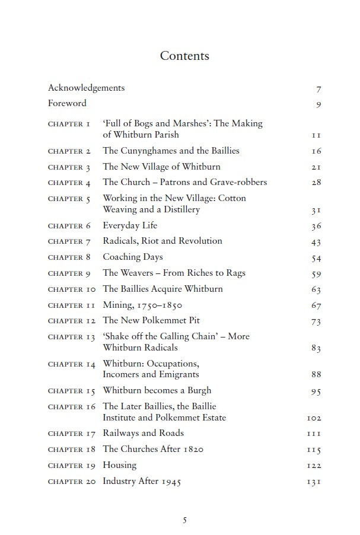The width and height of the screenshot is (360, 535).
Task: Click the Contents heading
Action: pyautogui.click(x=184, y=56)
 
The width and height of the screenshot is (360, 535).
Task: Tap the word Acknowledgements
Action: pyautogui.click(x=86, y=88)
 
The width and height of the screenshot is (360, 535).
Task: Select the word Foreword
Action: pyautogui.click(x=67, y=103)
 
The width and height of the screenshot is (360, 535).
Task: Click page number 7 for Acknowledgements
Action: pyautogui.click(x=318, y=90)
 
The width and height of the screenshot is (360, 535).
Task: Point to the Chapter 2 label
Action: pyautogui.click(x=69, y=151)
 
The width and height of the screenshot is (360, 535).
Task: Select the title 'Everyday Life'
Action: pyautogui.click(x=130, y=225)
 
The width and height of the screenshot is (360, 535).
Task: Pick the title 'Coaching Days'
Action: pyautogui.click(x=132, y=257)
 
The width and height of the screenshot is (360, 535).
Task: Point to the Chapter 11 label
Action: pyautogui.click(x=71, y=305)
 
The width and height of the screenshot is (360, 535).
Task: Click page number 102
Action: pyautogui.click(x=314, y=418)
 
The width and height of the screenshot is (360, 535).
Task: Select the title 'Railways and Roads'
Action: pyautogui.click(x=143, y=433)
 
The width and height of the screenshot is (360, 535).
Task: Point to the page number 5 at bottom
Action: pyautogui.click(x=184, y=520)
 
